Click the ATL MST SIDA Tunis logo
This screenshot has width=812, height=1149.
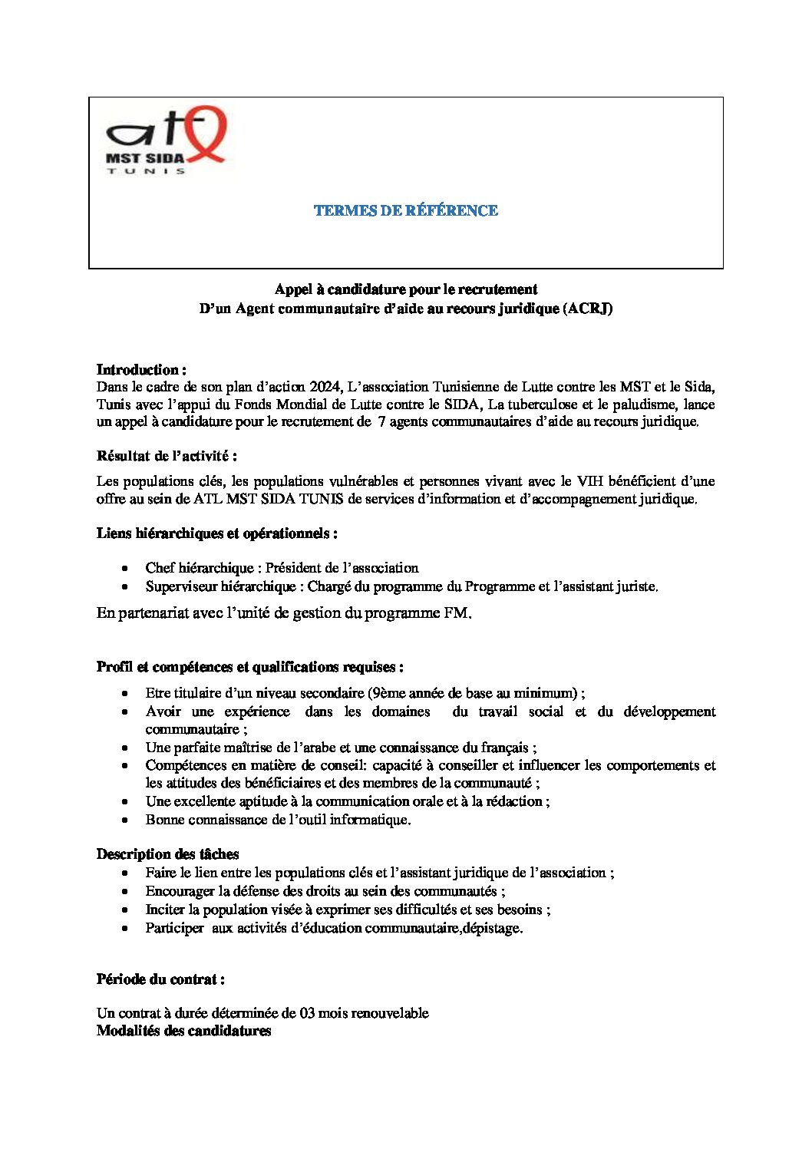165,140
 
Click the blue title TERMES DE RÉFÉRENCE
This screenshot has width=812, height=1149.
405,210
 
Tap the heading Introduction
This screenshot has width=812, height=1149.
141,369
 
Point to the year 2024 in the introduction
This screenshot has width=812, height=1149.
325,386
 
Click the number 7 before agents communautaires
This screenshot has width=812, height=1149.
381,421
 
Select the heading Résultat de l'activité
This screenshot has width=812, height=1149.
167,456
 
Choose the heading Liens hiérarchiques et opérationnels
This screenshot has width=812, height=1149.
216,533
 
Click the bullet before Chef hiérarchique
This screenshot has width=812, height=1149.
125,569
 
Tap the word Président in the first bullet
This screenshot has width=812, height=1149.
295,568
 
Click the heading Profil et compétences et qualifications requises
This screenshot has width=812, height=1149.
249,666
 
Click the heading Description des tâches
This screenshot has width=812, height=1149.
167,854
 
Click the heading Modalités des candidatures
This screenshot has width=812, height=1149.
183,1031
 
